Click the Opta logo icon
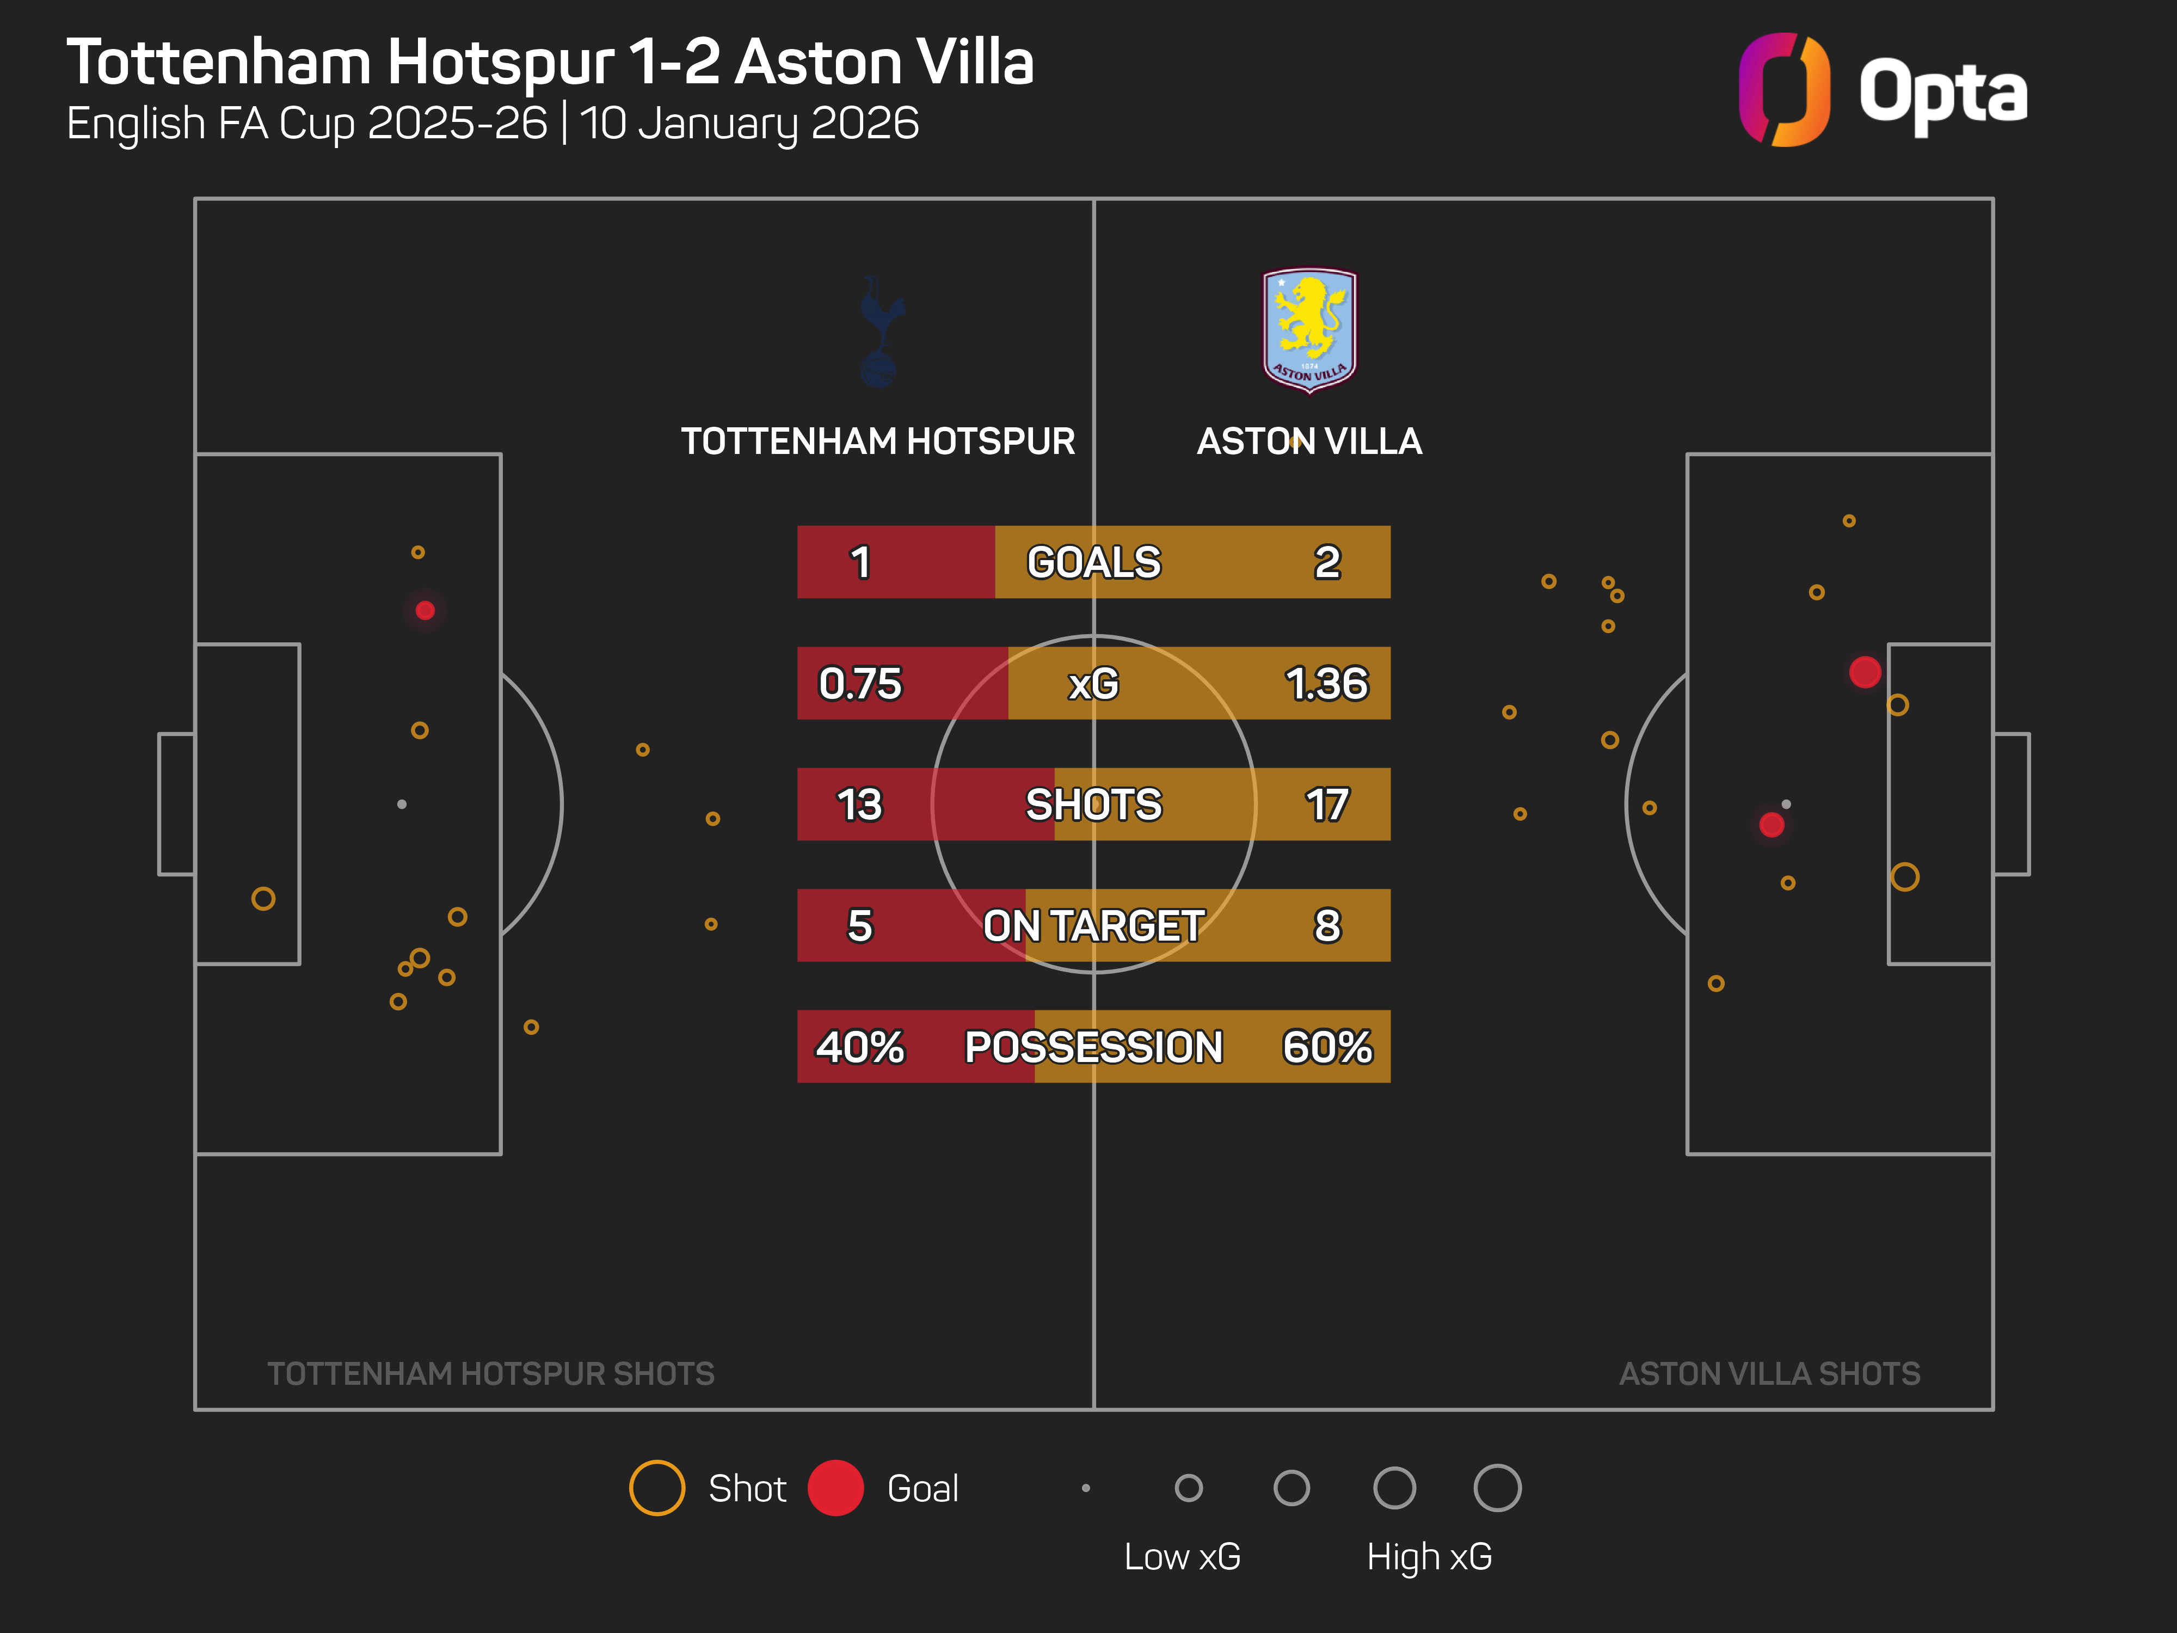pos(1784,90)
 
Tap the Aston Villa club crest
pos(1309,330)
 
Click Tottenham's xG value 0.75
pos(860,683)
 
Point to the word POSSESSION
pos(1093,1046)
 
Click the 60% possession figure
pos(1327,1046)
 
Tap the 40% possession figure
pos(860,1046)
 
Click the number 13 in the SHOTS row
pos(860,804)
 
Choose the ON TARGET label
pos(1093,925)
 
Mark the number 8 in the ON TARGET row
pos(1327,925)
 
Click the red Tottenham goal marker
pos(425,610)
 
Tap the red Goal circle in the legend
pos(835,1487)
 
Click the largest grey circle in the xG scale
pos(1497,1487)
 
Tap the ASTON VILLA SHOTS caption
pos(1769,1373)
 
